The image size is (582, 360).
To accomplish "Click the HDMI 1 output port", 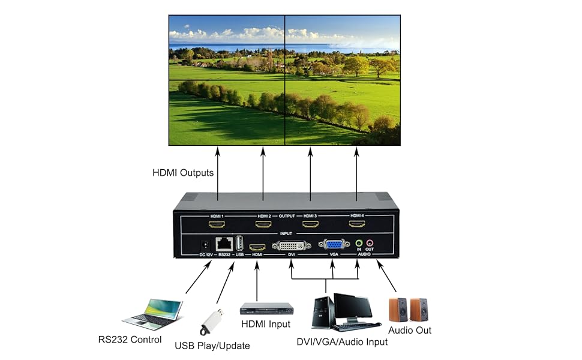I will [x=217, y=225].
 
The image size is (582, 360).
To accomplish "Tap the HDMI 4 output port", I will [x=357, y=225].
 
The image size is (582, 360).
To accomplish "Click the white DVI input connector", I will [x=292, y=245].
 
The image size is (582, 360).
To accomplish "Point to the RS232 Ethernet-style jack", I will [x=225, y=244].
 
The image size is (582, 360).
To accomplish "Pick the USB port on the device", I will [x=240, y=244].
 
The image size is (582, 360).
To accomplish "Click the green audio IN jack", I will [x=359, y=244].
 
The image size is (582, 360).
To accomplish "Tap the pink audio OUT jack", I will [x=370, y=244].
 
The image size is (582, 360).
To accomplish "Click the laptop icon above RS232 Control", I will [x=153, y=314].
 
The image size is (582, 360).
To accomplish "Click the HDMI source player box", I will [x=266, y=308].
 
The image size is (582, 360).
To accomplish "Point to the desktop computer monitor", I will [x=353, y=307].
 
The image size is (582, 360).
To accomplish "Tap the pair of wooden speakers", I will [x=410, y=309].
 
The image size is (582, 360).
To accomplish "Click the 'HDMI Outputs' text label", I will [x=183, y=173].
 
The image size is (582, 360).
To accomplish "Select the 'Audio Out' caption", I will [x=410, y=330].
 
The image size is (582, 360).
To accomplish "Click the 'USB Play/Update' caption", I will [x=212, y=346].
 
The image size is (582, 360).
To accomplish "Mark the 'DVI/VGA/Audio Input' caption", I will [x=342, y=342].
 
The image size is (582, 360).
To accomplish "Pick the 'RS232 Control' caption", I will [x=130, y=340].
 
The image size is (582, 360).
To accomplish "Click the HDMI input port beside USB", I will [x=257, y=246].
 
